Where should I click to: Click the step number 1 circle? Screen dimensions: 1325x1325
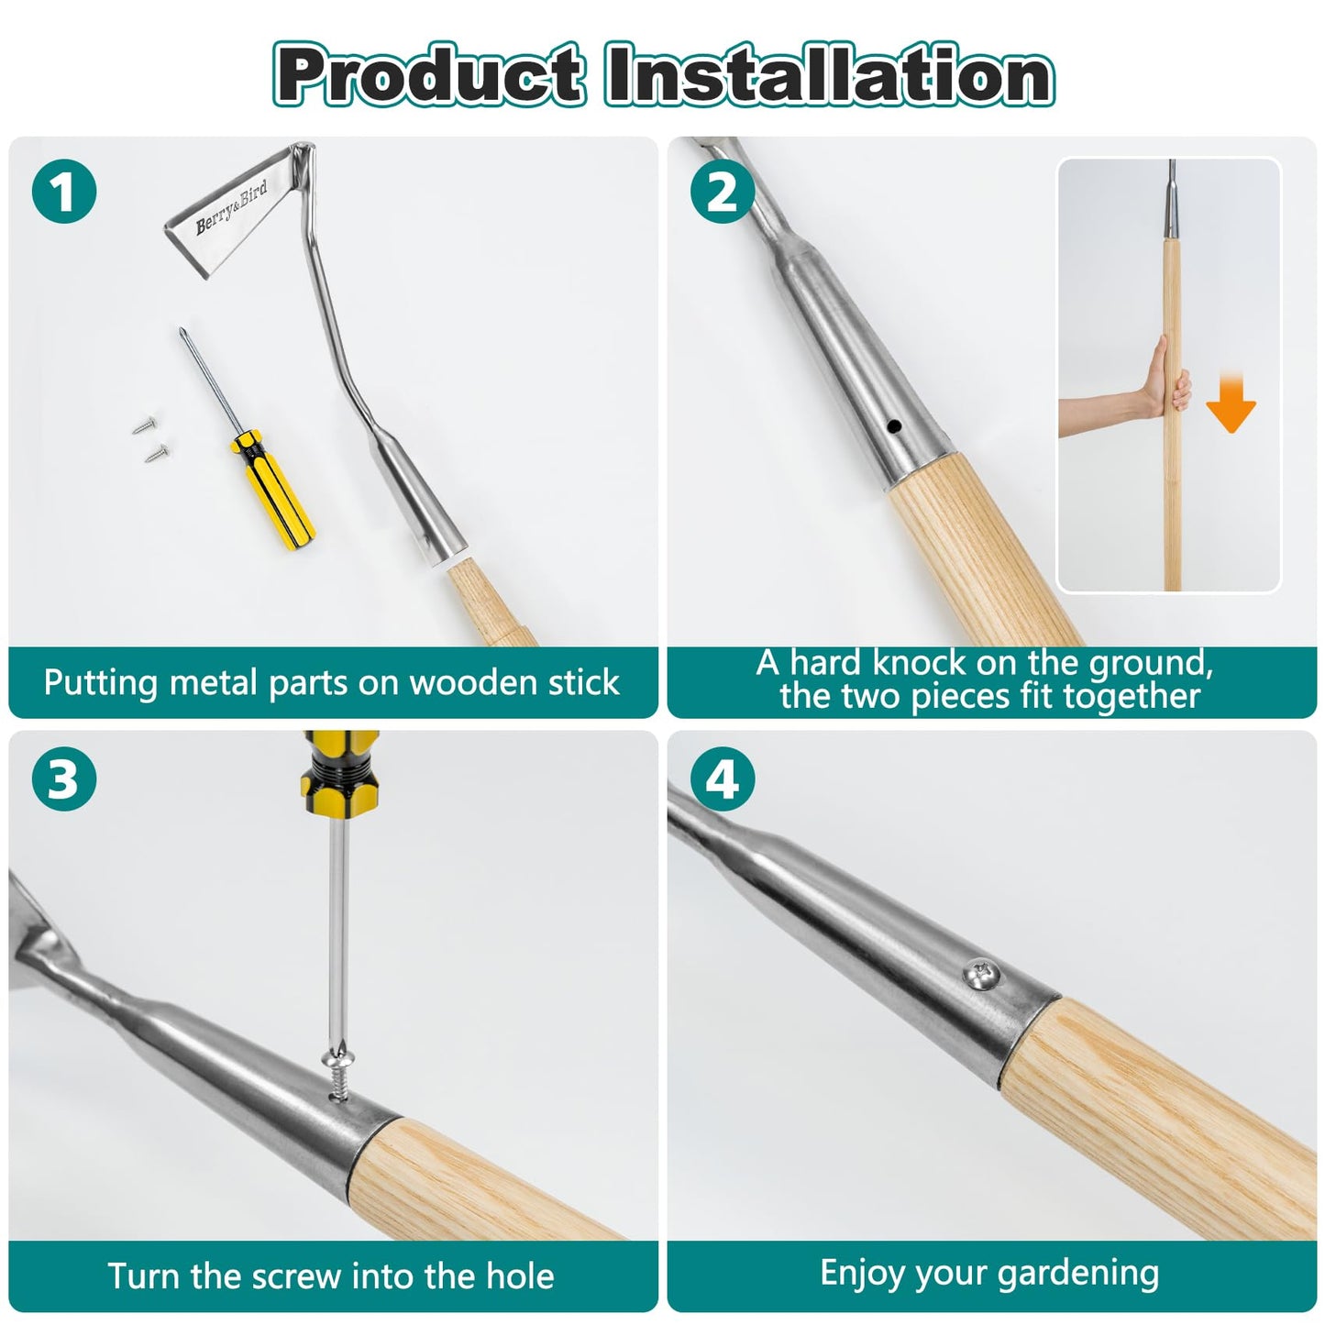[64, 191]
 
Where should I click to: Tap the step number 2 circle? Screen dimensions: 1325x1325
[722, 191]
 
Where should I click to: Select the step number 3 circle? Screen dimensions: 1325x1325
[64, 779]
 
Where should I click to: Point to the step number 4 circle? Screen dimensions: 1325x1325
[722, 779]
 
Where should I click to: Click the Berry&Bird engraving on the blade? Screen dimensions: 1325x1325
[232, 207]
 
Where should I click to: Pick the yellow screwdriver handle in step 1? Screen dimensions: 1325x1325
[273, 490]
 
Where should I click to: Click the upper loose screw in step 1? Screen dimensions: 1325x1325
[144, 425]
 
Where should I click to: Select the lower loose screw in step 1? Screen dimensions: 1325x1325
[158, 452]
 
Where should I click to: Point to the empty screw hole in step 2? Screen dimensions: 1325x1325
[894, 426]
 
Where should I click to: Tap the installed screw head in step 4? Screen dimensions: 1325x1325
[981, 975]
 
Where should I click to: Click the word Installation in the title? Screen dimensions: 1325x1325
[829, 74]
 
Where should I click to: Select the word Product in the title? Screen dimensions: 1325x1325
[430, 74]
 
